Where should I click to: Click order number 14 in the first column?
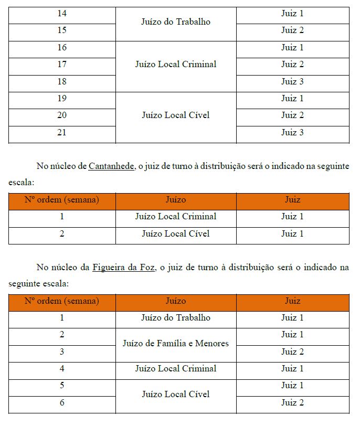tap(62, 14)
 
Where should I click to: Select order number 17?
tap(62, 65)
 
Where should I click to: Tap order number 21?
tap(62, 132)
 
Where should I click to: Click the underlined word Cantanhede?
tap(111, 166)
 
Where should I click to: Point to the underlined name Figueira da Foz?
tap(124, 268)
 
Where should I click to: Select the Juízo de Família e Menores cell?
tap(176, 344)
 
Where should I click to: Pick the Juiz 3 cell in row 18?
tap(292, 81)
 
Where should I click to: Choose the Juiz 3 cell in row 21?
tap(292, 132)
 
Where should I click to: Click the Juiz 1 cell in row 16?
tap(292, 48)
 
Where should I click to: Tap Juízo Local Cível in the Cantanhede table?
tap(176, 233)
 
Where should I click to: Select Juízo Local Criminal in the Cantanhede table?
tap(176, 217)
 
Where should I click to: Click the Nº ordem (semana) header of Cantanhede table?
tap(62, 200)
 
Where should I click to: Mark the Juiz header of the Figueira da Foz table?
tap(292, 301)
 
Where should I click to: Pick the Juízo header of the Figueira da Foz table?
tap(176, 301)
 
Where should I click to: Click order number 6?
tap(62, 403)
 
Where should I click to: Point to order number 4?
tap(62, 369)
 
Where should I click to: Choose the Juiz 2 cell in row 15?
tap(292, 30)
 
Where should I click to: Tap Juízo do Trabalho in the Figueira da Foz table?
tap(176, 318)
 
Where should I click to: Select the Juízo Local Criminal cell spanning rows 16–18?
tap(176, 65)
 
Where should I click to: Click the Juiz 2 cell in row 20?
tap(292, 115)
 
